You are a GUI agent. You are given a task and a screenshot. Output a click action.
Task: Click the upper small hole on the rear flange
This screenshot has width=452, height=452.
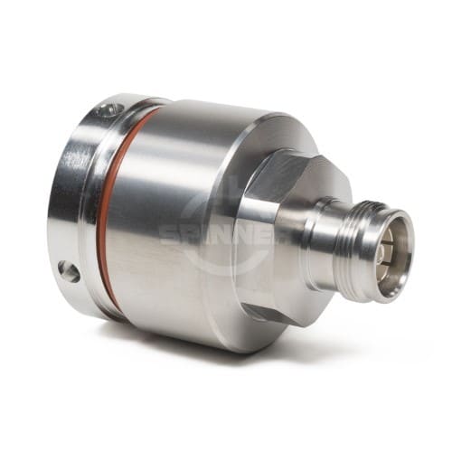tap(108, 110)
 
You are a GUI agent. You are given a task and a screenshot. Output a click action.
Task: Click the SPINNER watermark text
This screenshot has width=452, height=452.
tap(217, 234)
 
